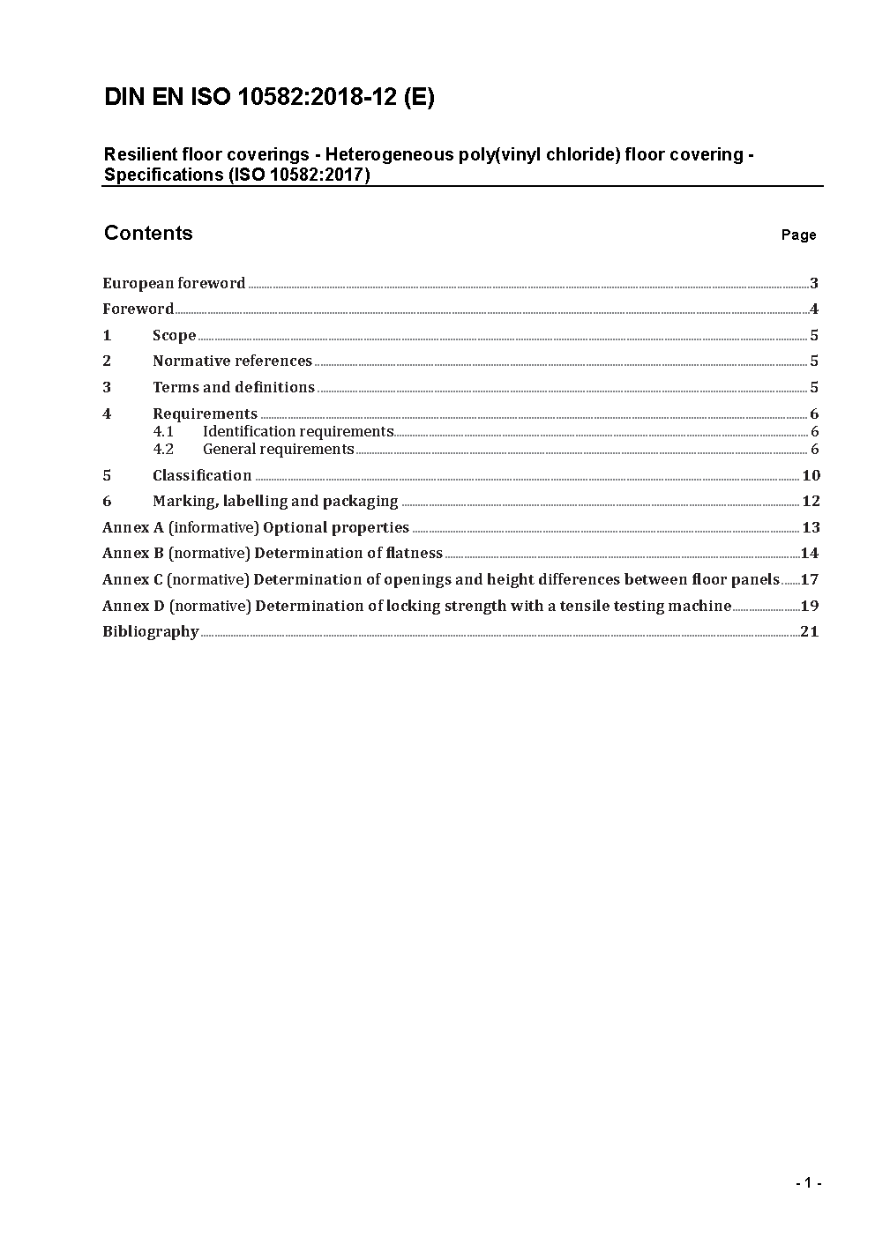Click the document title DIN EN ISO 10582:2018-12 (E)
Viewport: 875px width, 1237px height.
tap(269, 97)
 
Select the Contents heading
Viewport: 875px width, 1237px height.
tap(148, 233)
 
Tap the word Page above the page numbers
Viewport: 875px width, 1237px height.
tap(798, 235)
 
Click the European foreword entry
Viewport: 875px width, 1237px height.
tap(174, 283)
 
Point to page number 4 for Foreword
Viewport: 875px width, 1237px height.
tap(814, 309)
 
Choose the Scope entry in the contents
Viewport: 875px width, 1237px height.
tap(174, 335)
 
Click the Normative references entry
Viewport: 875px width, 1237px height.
tap(232, 361)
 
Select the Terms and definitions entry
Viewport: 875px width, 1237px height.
tap(233, 387)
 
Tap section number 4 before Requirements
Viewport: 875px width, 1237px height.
tap(107, 414)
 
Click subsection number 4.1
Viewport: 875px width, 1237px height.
tap(163, 431)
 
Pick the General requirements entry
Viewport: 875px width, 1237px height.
tap(278, 449)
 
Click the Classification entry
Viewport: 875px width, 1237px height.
tap(202, 475)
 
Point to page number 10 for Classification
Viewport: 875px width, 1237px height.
tap(811, 475)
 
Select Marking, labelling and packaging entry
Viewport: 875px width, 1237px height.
tap(275, 501)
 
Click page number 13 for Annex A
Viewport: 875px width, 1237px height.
tap(811, 527)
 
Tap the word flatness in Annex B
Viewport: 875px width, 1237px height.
tap(415, 553)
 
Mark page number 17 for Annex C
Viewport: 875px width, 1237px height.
tap(810, 579)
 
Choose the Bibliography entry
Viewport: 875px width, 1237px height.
tap(150, 631)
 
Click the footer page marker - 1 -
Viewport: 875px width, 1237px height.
tap(808, 1183)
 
